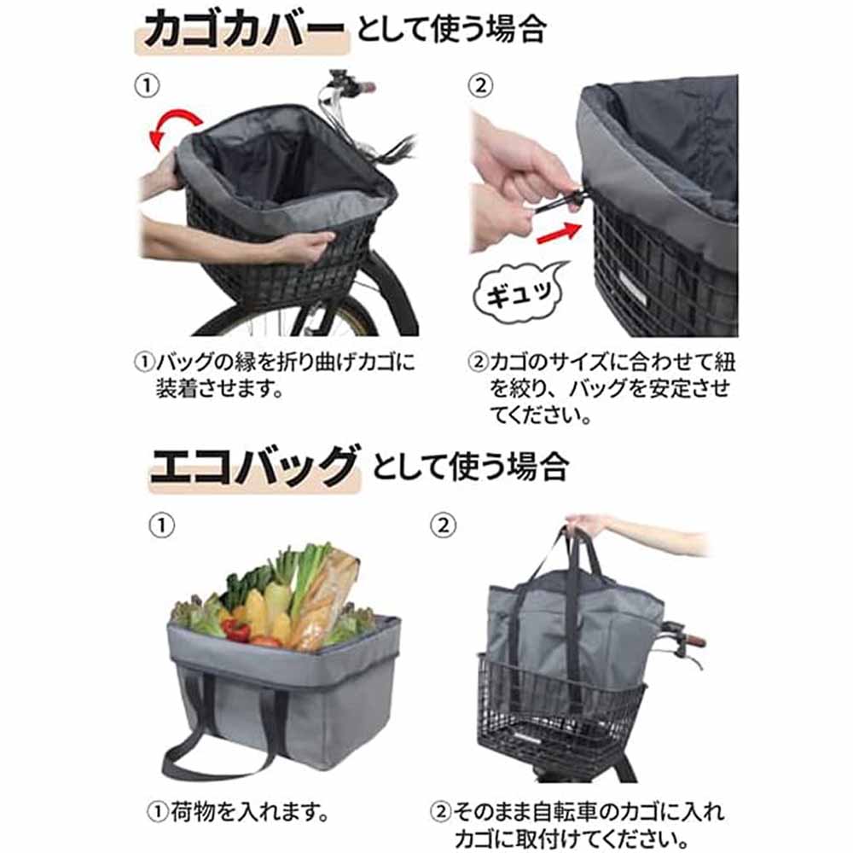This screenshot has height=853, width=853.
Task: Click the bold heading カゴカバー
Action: (244, 29)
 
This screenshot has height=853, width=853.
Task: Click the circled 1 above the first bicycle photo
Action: (147, 86)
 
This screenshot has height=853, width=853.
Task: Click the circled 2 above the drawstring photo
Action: (480, 85)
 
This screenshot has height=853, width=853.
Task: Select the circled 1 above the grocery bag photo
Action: (161, 525)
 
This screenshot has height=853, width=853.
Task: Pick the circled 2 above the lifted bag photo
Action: (443, 525)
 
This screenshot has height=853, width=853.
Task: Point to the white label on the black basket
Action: (632, 288)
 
